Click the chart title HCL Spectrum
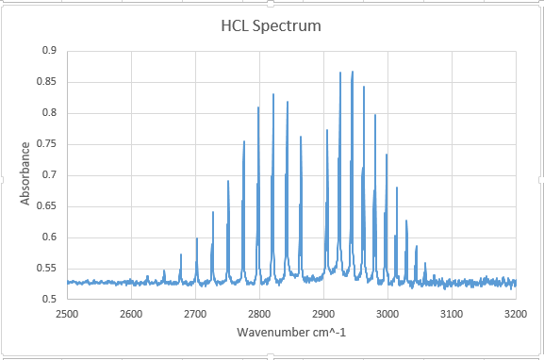272,25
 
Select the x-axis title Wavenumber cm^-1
290,333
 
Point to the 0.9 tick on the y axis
48,51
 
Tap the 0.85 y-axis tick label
45,82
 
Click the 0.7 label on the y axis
48,175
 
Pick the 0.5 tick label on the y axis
48,300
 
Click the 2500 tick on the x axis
67,312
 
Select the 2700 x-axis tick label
195,312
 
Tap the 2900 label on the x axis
323,312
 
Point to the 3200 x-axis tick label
516,312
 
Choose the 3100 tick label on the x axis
452,312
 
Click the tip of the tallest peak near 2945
353,72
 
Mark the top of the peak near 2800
258,107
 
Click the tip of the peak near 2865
301,137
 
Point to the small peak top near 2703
197,238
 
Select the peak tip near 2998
387,155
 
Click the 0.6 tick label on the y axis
48,237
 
